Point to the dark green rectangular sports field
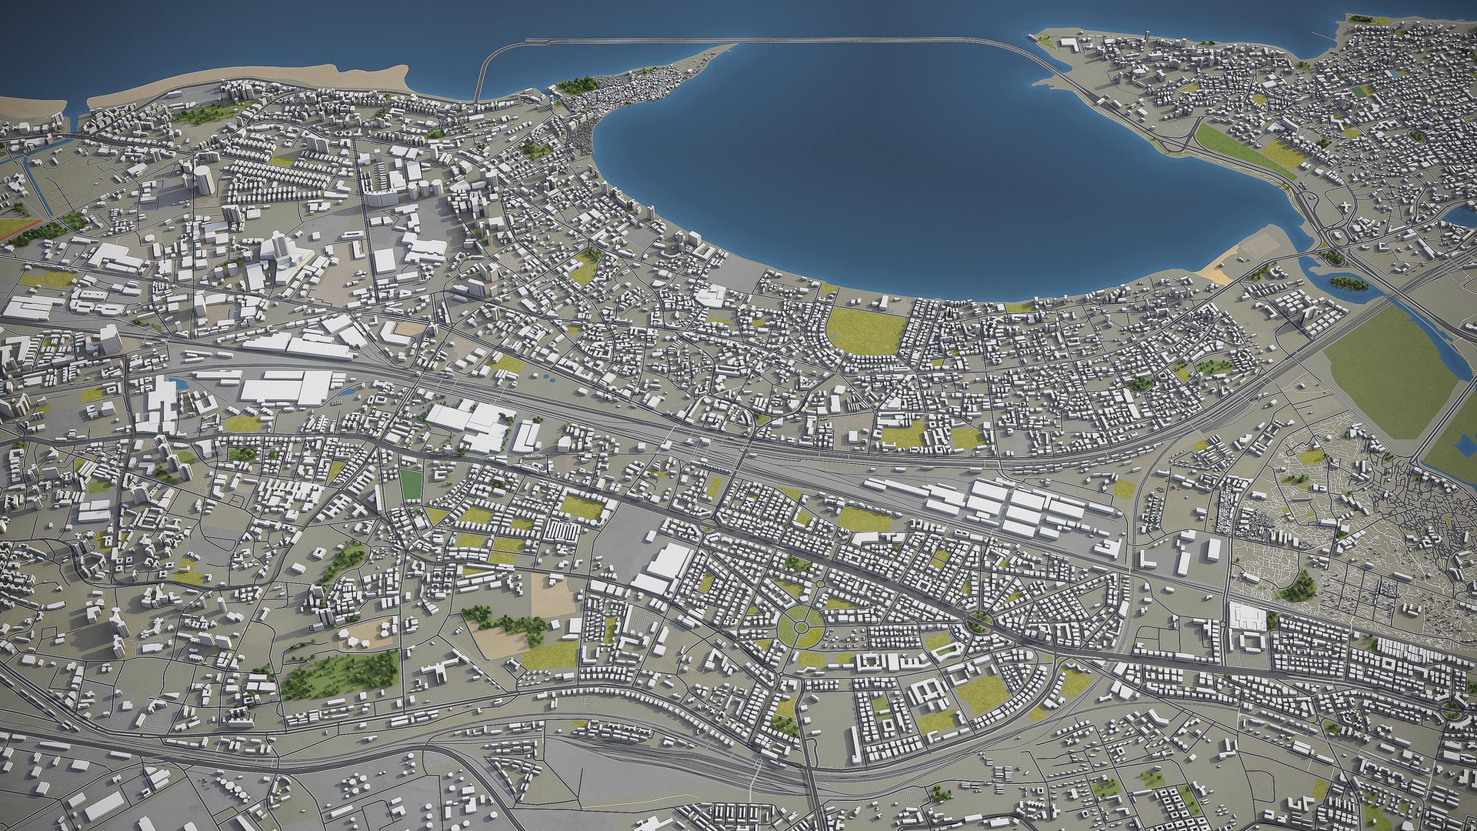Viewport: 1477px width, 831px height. [x=412, y=484]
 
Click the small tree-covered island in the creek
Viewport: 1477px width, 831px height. [x=1349, y=283]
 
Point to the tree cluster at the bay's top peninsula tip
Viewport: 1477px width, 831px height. [x=577, y=85]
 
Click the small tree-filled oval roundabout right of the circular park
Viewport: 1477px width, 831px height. [x=979, y=622]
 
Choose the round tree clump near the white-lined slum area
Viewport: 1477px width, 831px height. [x=1299, y=586]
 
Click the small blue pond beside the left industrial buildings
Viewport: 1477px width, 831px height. [x=179, y=382]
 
